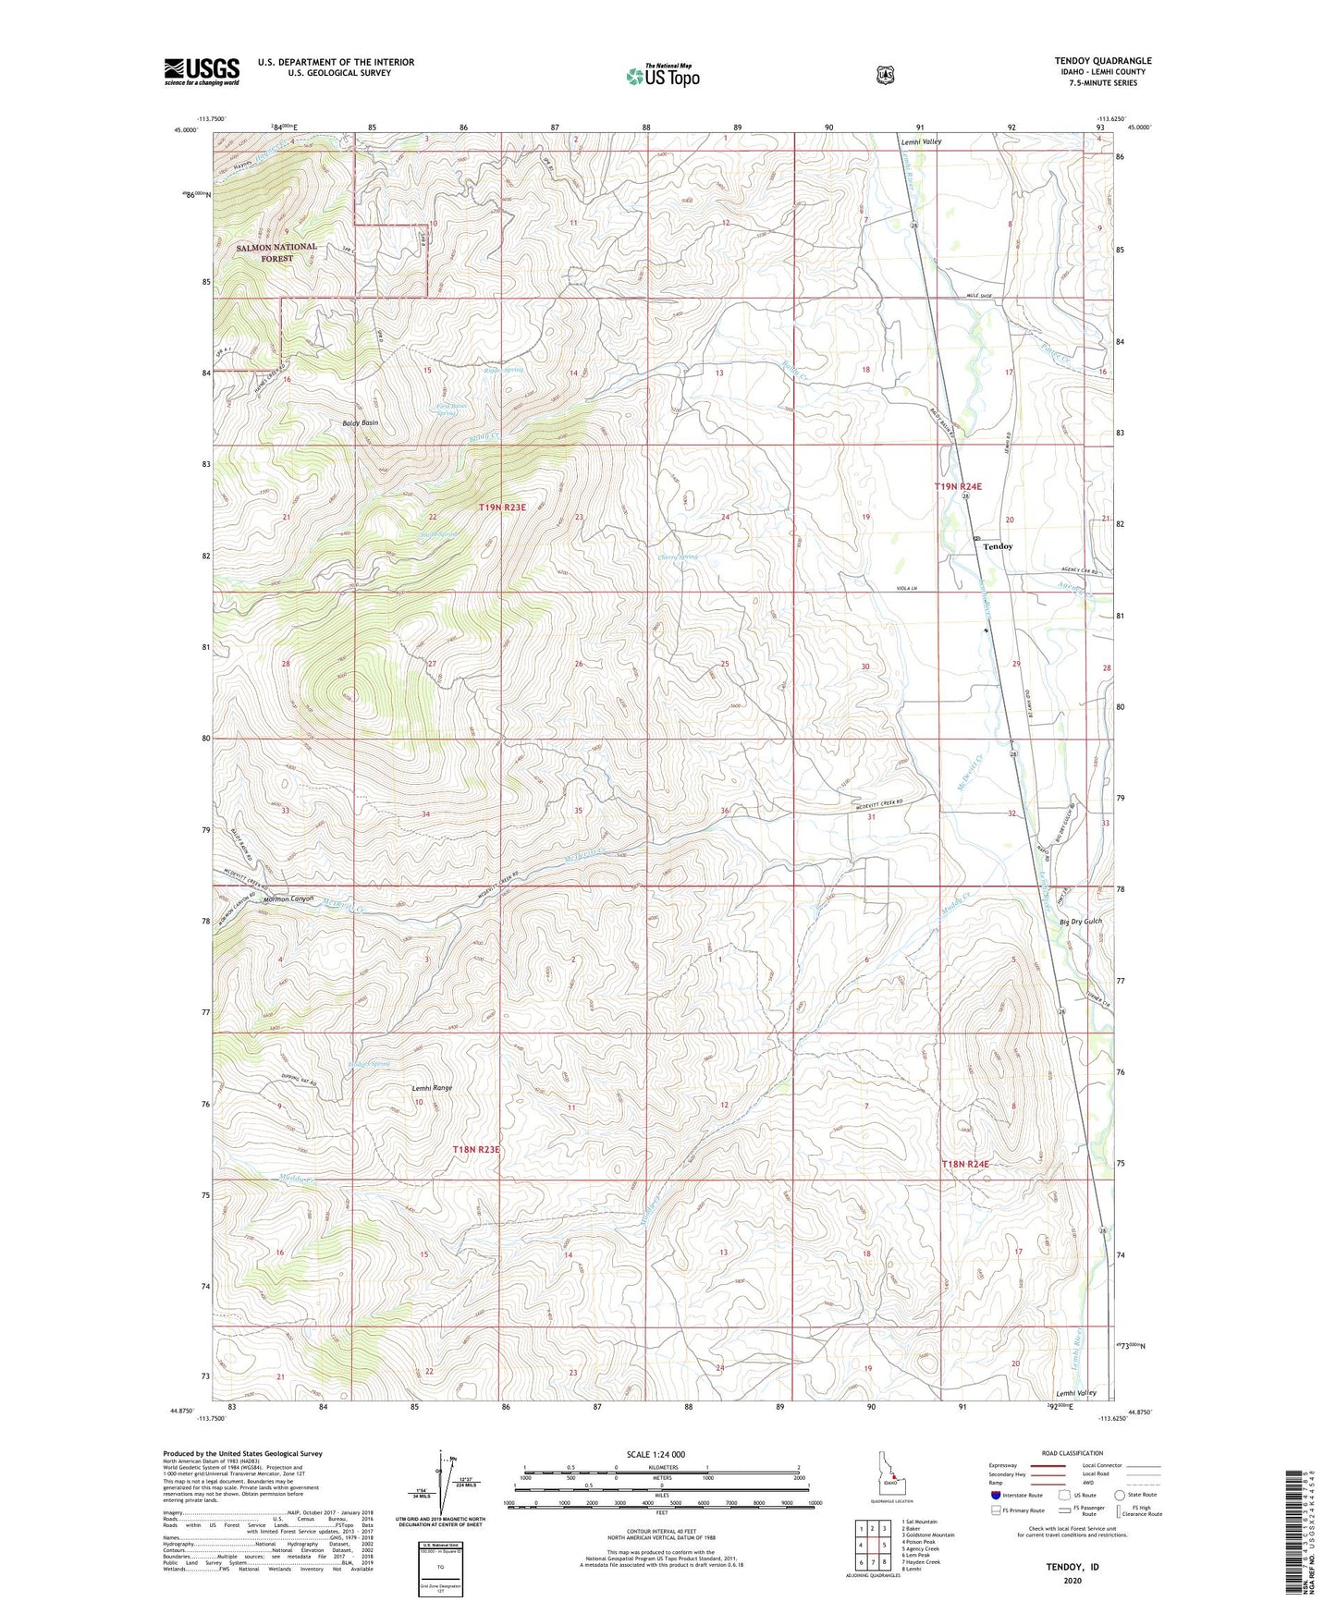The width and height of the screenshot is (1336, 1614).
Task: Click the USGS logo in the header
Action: pyautogui.click(x=202, y=71)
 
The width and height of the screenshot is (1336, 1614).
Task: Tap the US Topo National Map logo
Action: pyautogui.click(x=662, y=76)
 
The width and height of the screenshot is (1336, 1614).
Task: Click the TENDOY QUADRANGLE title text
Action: pyautogui.click(x=1102, y=61)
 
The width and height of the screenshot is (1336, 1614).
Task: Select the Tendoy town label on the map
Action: pyautogui.click(x=998, y=546)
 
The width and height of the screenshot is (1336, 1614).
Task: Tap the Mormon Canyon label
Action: pyautogui.click(x=288, y=898)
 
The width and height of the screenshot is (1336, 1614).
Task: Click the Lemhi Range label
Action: pyautogui.click(x=432, y=1088)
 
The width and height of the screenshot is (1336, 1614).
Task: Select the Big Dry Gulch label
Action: pyautogui.click(x=1080, y=922)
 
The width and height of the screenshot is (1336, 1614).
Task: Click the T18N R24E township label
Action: pyautogui.click(x=965, y=1164)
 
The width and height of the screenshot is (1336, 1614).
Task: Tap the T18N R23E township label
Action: pyautogui.click(x=476, y=1149)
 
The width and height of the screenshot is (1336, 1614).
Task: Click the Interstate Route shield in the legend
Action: pyautogui.click(x=995, y=1495)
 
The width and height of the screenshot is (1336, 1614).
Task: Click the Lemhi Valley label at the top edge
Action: pyautogui.click(x=921, y=141)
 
